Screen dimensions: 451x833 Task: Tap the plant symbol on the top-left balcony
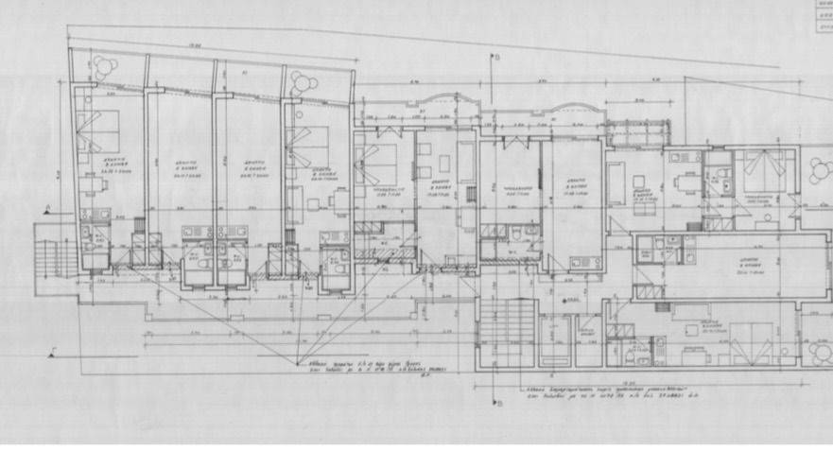[101, 70]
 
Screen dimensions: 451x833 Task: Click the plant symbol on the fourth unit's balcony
[304, 83]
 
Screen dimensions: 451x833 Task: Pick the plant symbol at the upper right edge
[820, 171]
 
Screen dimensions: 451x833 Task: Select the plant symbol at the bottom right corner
[820, 353]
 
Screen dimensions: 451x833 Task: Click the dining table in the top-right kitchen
[684, 182]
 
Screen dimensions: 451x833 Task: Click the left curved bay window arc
[443, 100]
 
